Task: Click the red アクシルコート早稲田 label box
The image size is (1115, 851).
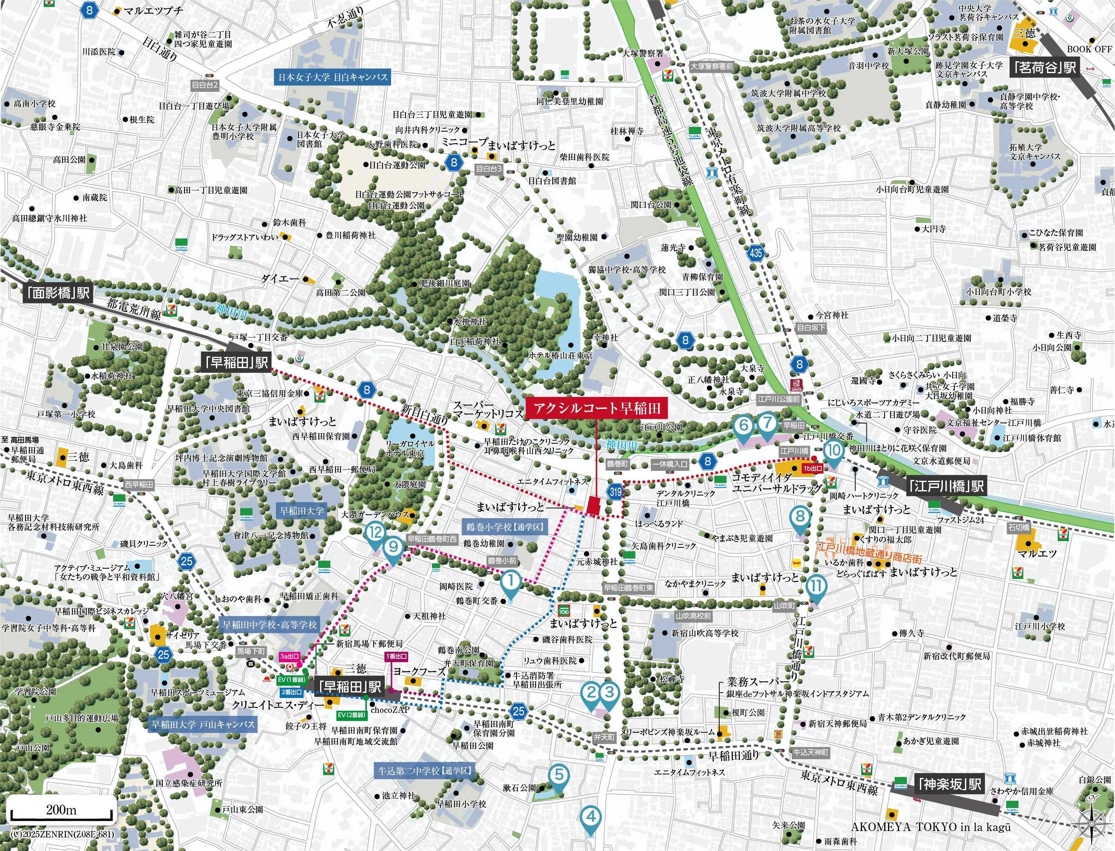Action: (596, 408)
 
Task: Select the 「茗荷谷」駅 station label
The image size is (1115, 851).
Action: (1044, 67)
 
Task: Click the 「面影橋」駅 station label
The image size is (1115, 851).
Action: (59, 293)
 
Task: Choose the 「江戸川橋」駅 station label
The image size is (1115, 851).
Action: (946, 486)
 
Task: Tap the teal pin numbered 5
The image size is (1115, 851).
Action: (559, 774)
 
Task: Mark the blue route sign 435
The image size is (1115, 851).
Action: (755, 252)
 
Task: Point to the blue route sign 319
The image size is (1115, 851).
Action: (616, 491)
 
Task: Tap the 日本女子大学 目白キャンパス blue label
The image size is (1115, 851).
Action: (333, 77)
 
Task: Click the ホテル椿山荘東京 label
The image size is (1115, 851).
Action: (560, 356)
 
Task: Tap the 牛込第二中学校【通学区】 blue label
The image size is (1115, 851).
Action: (425, 771)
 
